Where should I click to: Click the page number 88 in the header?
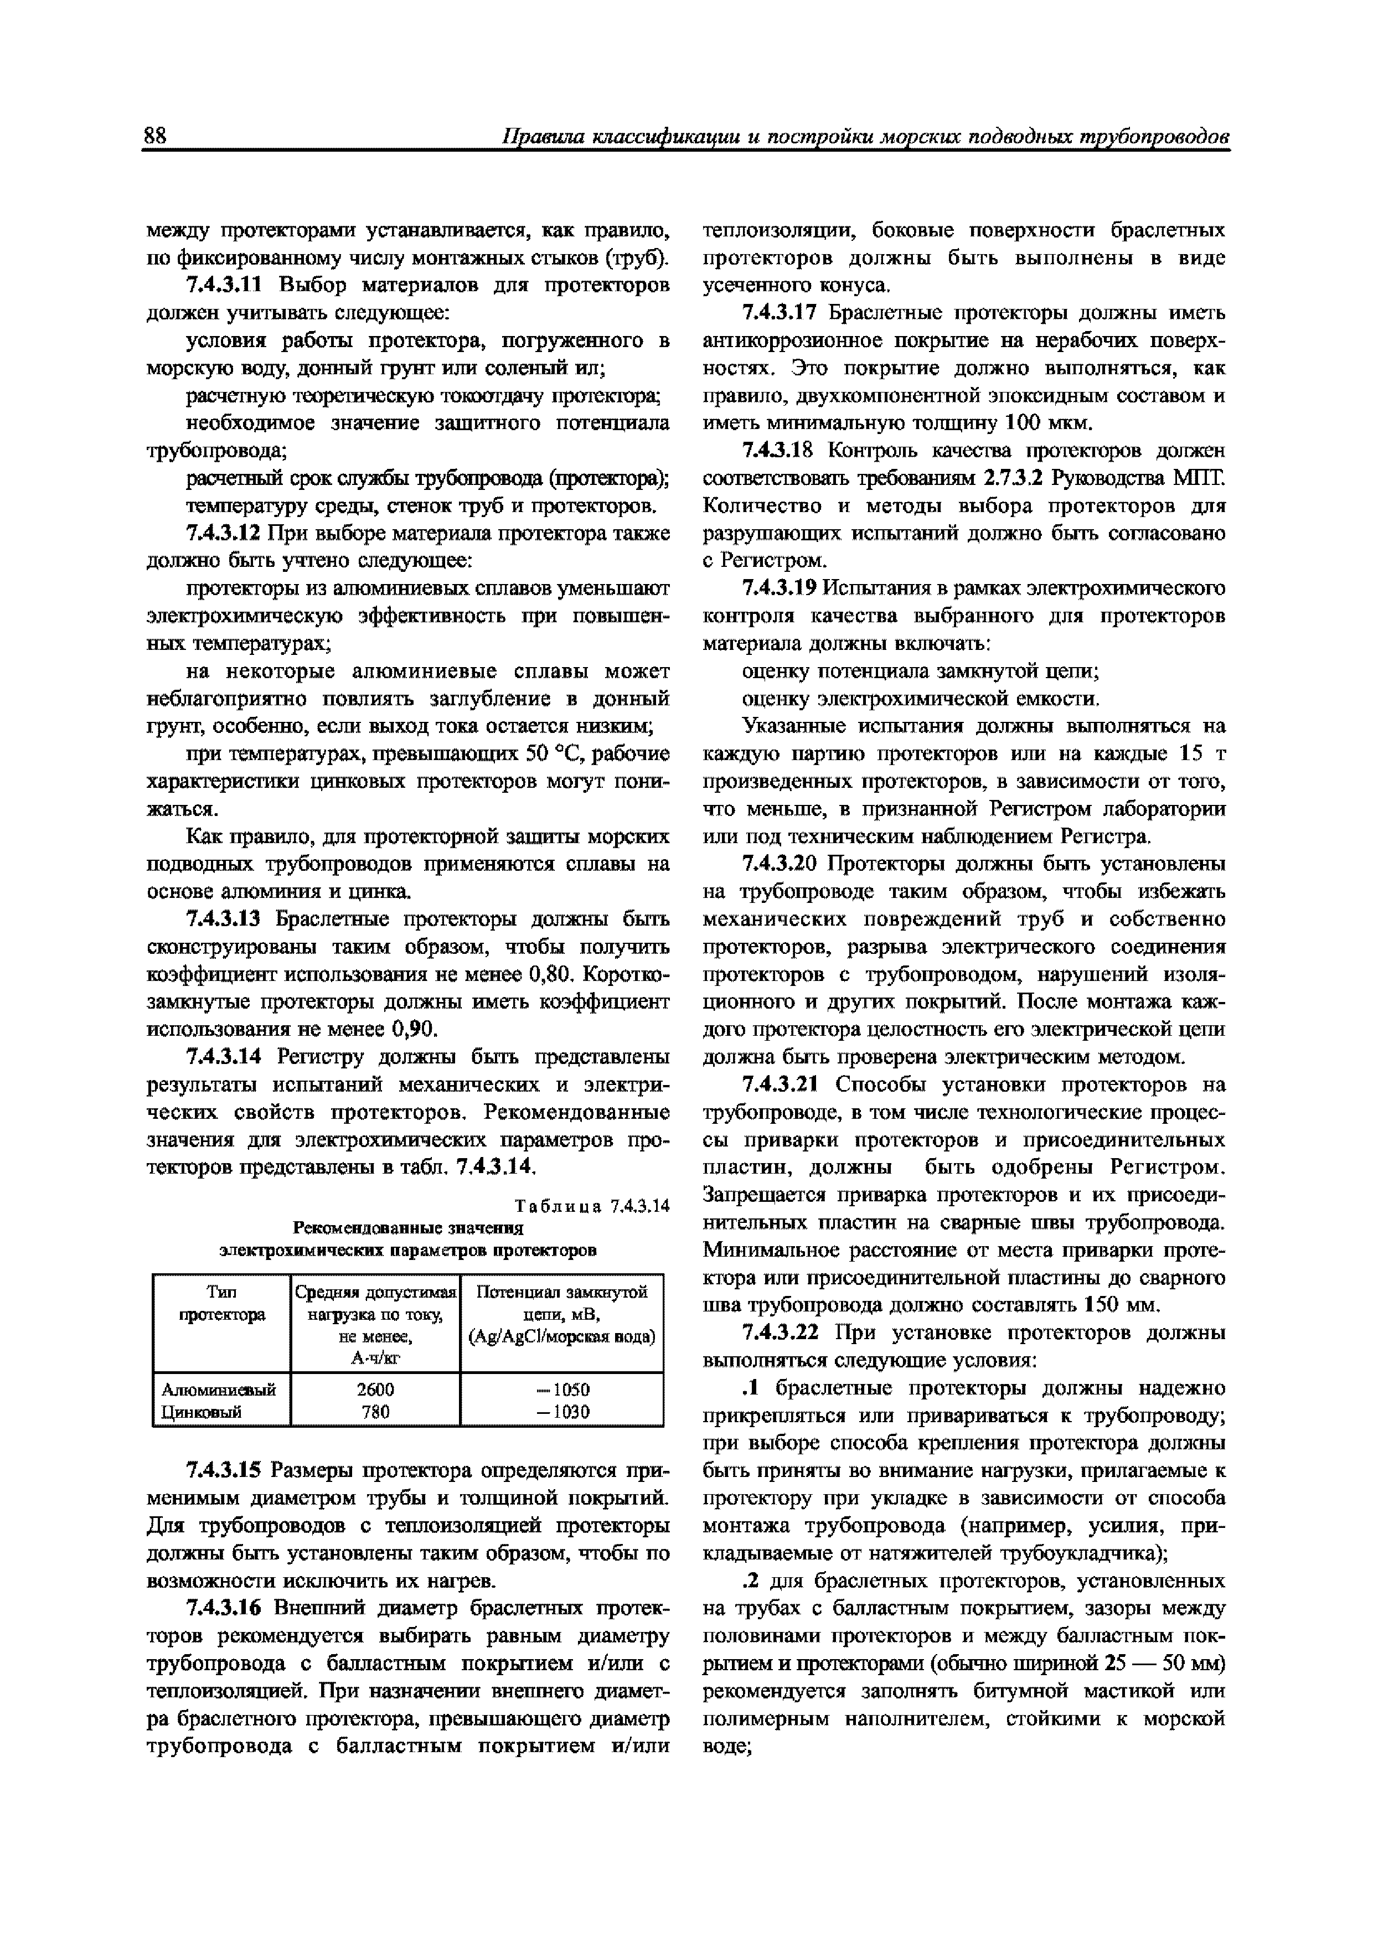156,136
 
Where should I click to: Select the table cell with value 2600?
375,1390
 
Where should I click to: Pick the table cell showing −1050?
562,1390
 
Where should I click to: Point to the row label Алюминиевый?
219,1390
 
